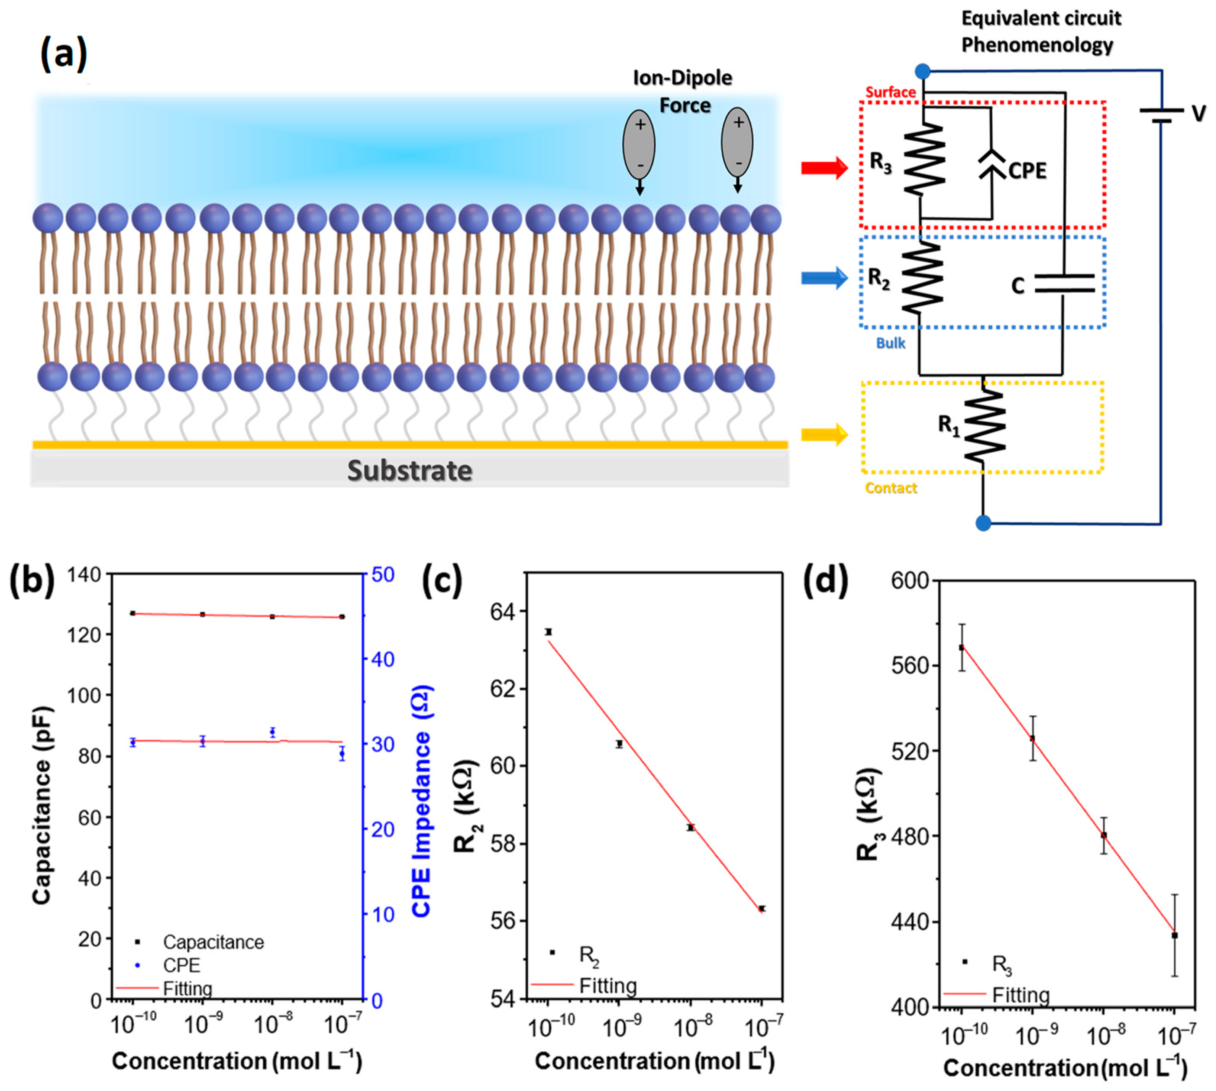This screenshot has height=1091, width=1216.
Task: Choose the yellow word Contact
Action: (x=891, y=488)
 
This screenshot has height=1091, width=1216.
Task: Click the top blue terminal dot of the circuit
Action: (x=922, y=72)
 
